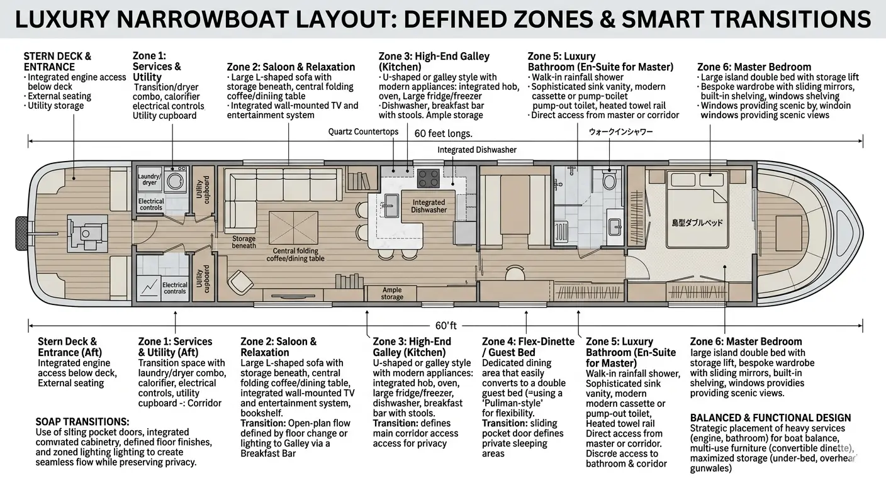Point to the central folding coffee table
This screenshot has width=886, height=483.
[x=294, y=227]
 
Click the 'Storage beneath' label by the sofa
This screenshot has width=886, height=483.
[x=244, y=242]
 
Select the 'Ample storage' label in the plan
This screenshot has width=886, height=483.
[x=391, y=294]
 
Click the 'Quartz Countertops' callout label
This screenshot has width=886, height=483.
[x=363, y=131]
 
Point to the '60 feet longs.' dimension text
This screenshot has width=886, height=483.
[x=443, y=133]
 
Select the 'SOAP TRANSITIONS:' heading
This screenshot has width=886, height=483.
[x=82, y=421]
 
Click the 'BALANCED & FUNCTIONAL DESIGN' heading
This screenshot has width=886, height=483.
[x=770, y=418]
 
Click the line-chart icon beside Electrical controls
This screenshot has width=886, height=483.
[x=149, y=287]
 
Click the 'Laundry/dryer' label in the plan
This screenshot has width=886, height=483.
[x=149, y=179]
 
